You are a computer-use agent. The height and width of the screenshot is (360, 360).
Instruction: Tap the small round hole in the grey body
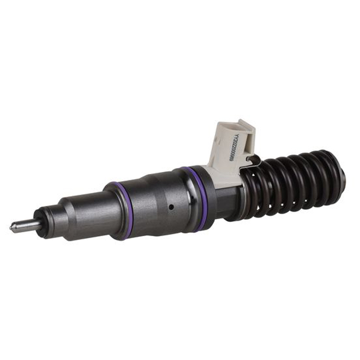[170, 207]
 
